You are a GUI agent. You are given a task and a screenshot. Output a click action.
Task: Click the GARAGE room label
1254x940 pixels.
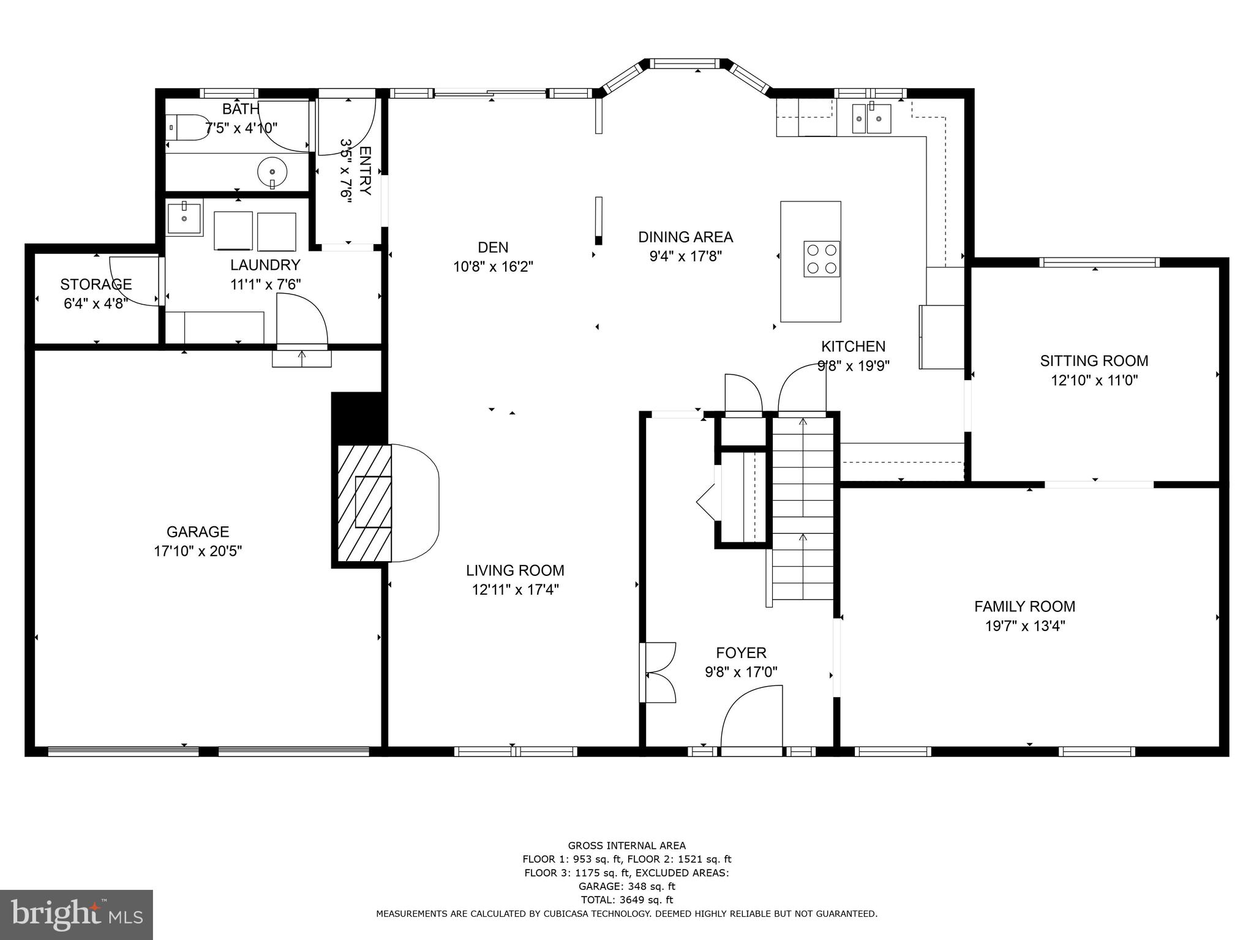tap(197, 531)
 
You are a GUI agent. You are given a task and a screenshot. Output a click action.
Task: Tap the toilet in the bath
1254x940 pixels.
tap(187, 127)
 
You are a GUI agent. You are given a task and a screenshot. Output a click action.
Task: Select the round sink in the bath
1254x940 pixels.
tap(272, 172)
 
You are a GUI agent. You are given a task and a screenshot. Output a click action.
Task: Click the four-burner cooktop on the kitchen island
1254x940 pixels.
tap(821, 259)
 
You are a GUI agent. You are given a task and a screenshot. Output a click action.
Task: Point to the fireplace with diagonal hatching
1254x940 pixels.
tap(365, 502)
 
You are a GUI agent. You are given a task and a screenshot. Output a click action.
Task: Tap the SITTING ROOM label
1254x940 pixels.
tap(1094, 360)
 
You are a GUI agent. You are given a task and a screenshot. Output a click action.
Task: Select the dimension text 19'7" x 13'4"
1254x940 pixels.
tap(1025, 626)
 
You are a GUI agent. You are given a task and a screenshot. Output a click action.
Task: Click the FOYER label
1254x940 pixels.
tap(741, 652)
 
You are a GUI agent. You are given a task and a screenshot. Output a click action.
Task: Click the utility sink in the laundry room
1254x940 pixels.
tap(184, 218)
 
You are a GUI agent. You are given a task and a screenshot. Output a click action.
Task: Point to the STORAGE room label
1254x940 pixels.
tap(96, 284)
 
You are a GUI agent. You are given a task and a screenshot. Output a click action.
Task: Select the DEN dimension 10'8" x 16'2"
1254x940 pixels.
tap(493, 267)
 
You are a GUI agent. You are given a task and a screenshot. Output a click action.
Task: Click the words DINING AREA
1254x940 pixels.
tap(685, 237)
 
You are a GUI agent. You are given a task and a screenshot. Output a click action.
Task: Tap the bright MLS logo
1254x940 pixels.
tap(76, 914)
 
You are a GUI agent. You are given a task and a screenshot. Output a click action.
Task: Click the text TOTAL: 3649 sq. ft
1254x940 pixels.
tap(626, 900)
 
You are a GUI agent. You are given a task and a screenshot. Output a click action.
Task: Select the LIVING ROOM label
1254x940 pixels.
tap(515, 570)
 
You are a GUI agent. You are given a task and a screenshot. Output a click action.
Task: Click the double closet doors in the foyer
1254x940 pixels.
tap(659, 672)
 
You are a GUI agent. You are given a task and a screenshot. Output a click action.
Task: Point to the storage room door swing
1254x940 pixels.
tap(133, 280)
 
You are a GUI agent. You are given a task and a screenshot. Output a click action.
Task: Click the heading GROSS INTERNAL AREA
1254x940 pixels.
tap(626, 846)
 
